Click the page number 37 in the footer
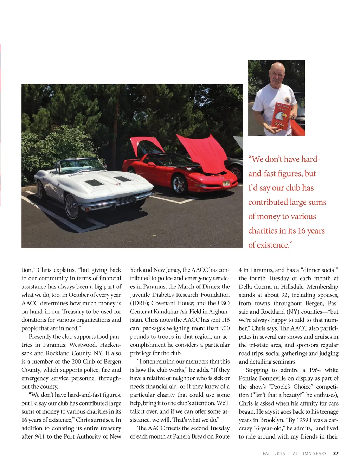point(336,454)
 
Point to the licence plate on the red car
point(226,183)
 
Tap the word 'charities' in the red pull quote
point(262,231)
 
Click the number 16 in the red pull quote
point(301,231)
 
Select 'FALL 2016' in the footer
point(274,454)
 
